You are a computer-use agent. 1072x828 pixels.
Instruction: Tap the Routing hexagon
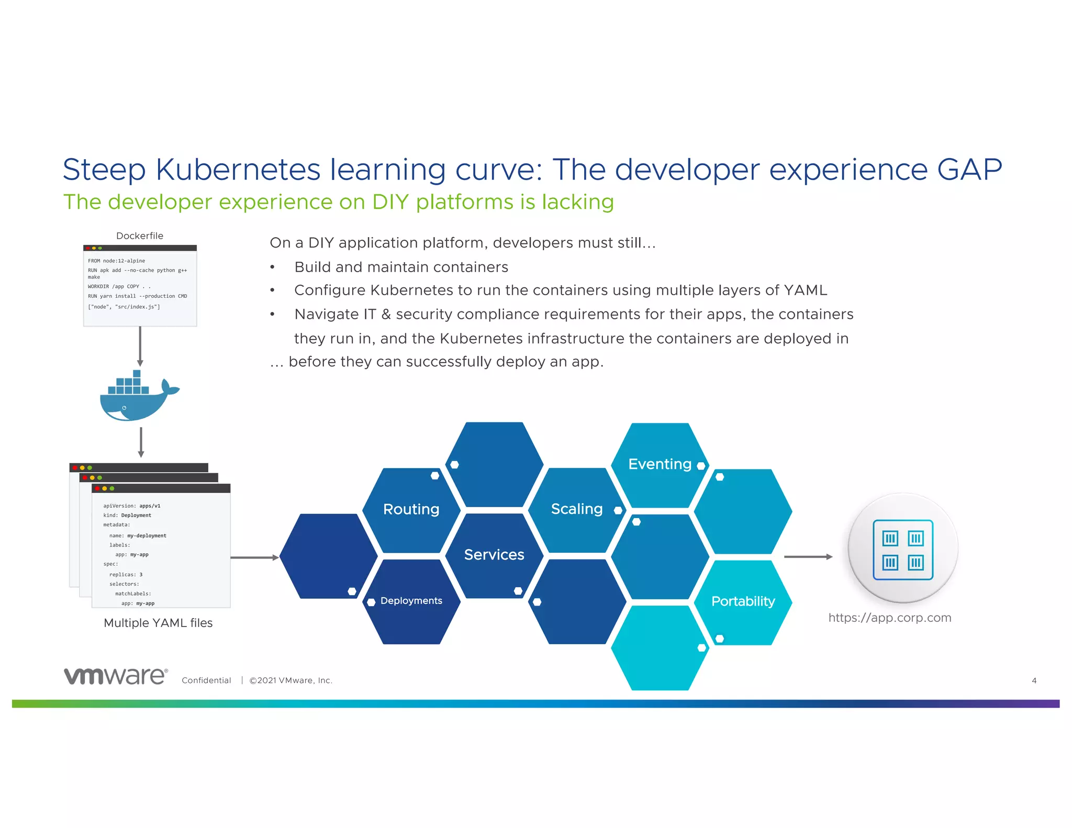[411, 509]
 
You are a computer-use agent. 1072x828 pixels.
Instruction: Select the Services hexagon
[494, 555]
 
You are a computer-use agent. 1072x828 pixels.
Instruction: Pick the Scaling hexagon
[576, 509]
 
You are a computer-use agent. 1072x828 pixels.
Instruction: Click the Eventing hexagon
[660, 464]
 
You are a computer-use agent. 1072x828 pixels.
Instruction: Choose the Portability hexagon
[742, 601]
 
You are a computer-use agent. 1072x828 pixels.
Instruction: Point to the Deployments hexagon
[411, 601]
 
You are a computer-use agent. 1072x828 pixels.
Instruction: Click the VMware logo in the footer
[116, 676]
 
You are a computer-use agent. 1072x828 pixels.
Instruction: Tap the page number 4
[1034, 680]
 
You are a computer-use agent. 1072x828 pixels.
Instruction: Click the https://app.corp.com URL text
[889, 618]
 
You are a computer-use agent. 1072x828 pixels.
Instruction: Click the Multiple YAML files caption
[158, 623]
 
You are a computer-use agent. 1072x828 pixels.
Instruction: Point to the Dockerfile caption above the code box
[140, 236]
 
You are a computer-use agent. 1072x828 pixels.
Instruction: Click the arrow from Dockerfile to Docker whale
[140, 346]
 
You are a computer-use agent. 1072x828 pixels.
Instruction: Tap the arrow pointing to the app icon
[808, 557]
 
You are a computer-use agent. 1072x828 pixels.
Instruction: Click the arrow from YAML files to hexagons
[254, 558]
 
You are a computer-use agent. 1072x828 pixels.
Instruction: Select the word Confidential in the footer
[206, 680]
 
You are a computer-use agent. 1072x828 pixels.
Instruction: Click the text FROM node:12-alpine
[116, 261]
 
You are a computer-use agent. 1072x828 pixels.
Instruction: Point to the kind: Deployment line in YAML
[127, 516]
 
